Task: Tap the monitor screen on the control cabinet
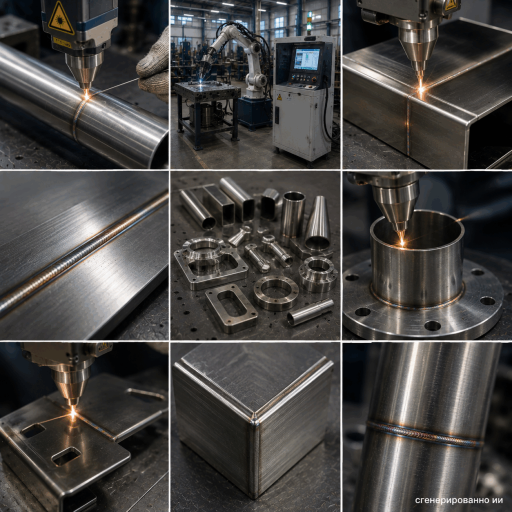tap(306, 59)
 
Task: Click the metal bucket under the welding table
tap(205, 115)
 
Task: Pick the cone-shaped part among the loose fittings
tap(317, 223)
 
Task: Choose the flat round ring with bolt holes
tap(276, 292)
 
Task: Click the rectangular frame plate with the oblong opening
tap(231, 308)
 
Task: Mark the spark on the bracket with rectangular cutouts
tap(73, 412)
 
